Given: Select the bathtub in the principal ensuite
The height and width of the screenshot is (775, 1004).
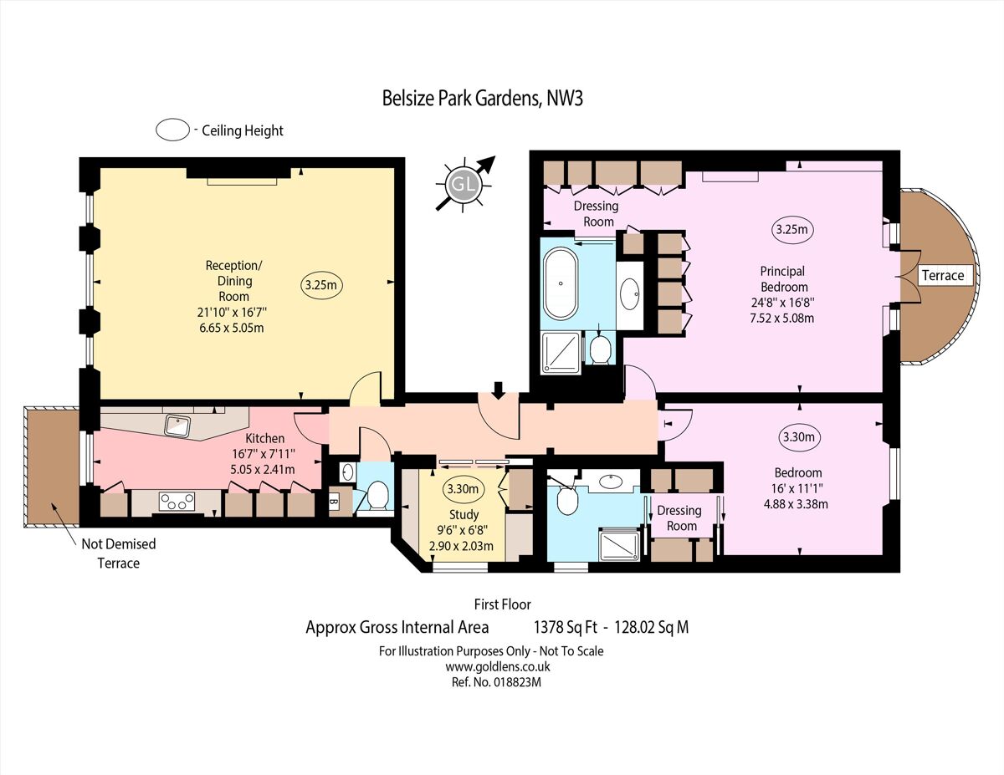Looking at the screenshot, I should (561, 283).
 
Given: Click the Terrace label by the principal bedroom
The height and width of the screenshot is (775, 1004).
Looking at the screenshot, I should (943, 275).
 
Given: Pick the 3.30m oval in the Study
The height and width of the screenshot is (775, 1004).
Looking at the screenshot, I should (462, 489).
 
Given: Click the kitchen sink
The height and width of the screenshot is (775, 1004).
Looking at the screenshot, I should (178, 425).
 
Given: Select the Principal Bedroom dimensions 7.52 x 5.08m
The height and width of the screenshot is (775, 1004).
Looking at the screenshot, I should (782, 318).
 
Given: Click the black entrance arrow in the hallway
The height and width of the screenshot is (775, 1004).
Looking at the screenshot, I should (499, 389).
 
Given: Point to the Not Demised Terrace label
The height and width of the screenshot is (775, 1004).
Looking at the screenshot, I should (118, 553).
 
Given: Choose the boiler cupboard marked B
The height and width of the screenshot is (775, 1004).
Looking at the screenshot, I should (335, 502).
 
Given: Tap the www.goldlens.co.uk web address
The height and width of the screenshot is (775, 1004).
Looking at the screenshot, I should (497, 666).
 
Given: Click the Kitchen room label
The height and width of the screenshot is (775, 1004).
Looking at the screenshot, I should (264, 438).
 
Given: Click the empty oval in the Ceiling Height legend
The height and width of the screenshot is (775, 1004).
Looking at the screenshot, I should (172, 130).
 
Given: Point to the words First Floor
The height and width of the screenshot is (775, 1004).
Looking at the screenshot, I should (502, 604).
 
